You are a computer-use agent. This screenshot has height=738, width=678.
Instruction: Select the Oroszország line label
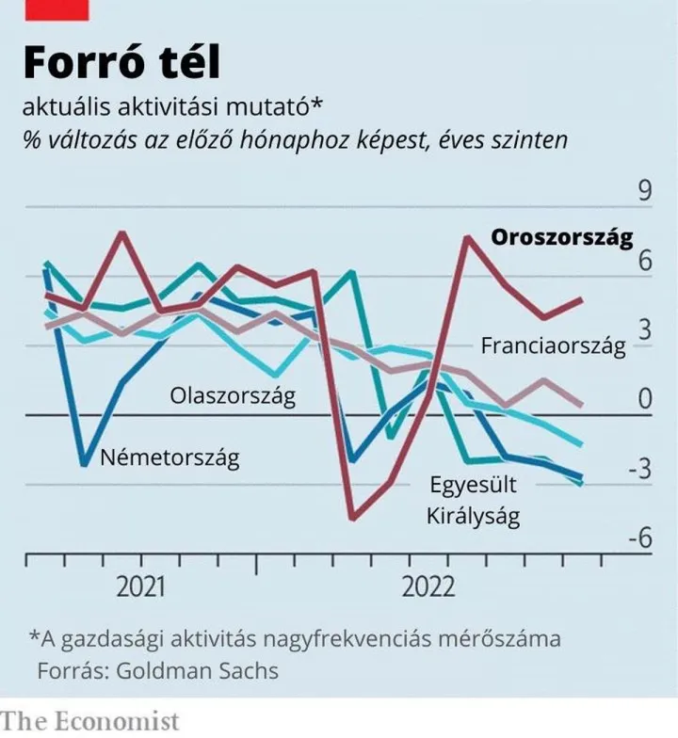click(562, 237)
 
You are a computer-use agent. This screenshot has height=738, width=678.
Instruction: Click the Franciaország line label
click(553, 345)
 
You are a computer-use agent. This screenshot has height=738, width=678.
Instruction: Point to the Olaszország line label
click(233, 394)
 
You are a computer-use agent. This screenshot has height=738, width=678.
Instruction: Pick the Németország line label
click(169, 458)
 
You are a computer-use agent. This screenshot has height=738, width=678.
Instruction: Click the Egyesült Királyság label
click(473, 501)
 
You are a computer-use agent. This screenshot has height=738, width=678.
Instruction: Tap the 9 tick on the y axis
click(645, 192)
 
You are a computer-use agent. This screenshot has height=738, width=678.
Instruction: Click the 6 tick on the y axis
click(645, 262)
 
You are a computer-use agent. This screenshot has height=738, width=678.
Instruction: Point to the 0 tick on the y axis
click(645, 400)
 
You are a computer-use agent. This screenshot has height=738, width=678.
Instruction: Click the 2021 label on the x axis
click(140, 588)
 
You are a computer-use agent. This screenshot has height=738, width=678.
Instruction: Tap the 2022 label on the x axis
click(428, 588)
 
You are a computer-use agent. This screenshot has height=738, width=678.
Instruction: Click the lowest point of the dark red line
click(352, 518)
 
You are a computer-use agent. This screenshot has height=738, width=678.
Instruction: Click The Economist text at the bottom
click(89, 721)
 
